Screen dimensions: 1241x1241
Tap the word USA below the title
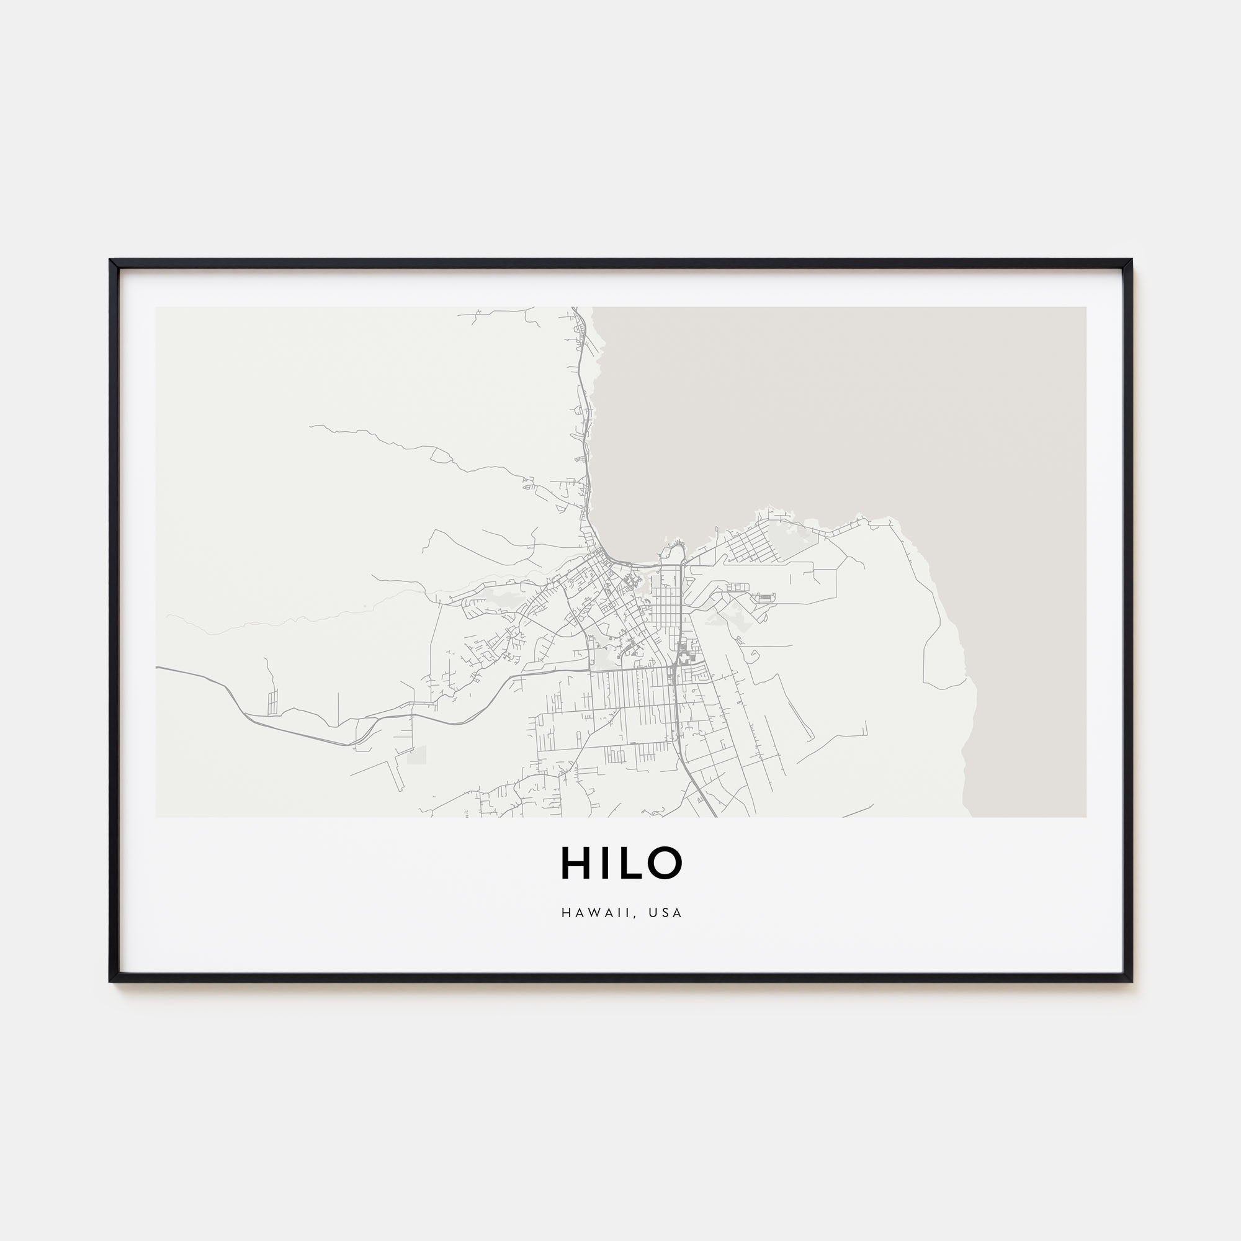pyautogui.click(x=665, y=913)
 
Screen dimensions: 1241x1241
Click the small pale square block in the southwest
pyautogui.click(x=416, y=755)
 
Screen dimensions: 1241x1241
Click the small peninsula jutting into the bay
pyautogui.click(x=674, y=550)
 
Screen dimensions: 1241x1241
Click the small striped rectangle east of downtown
pyautogui.click(x=765, y=598)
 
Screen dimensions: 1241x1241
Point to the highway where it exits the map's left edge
pyautogui.click(x=158, y=668)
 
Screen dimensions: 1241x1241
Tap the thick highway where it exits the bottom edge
pyautogui.click(x=714, y=815)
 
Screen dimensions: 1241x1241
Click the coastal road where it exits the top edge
pyautogui.click(x=574, y=309)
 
